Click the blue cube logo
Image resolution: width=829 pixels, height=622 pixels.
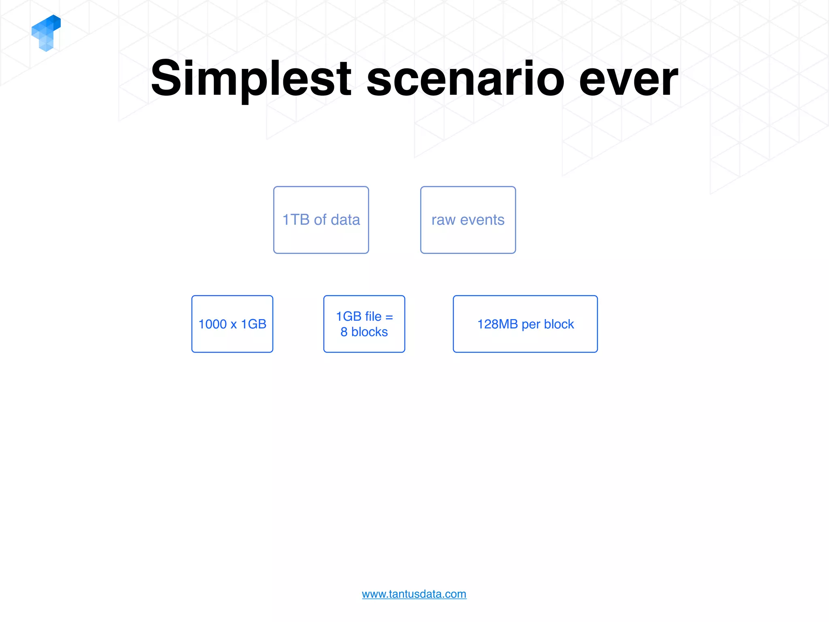coord(46,33)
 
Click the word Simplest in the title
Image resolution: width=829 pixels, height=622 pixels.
coord(251,79)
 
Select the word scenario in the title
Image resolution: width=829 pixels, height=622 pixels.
coord(465,79)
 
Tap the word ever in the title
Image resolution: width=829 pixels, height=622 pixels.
coord(628,79)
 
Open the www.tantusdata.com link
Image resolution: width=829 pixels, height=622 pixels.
coord(414,594)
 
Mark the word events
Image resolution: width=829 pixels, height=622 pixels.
coord(482,220)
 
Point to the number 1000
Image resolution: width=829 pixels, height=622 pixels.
coord(213,324)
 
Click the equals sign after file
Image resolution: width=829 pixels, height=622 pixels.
coord(389,317)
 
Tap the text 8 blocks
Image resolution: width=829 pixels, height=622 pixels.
coord(364,332)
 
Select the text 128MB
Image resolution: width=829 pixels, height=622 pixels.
coord(497,324)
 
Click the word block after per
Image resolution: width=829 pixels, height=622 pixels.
coord(559,324)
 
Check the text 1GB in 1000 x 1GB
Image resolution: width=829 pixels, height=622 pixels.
coord(254,324)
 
